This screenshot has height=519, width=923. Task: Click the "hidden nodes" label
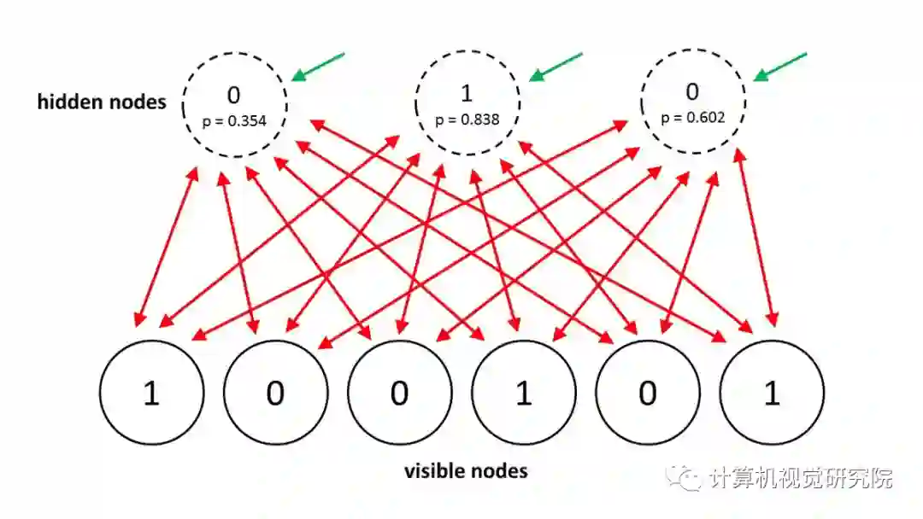[102, 102]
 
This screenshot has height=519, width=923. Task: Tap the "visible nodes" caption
[465, 470]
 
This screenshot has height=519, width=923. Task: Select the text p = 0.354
[234, 121]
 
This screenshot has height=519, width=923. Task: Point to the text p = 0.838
[467, 120]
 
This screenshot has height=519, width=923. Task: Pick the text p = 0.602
[693, 117]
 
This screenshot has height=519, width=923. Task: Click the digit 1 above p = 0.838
[467, 92]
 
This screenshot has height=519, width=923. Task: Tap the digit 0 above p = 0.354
[234, 94]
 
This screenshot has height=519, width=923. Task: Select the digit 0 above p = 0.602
[692, 90]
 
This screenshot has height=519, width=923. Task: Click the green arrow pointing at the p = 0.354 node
[318, 67]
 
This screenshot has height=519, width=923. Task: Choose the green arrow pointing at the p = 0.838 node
[556, 67]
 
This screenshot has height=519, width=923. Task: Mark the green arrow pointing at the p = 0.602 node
[779, 67]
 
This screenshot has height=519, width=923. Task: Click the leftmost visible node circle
[152, 393]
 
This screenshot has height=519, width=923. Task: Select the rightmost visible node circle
[772, 393]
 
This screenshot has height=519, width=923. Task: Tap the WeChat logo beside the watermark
[688, 477]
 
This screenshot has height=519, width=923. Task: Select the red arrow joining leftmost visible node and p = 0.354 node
[166, 246]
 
